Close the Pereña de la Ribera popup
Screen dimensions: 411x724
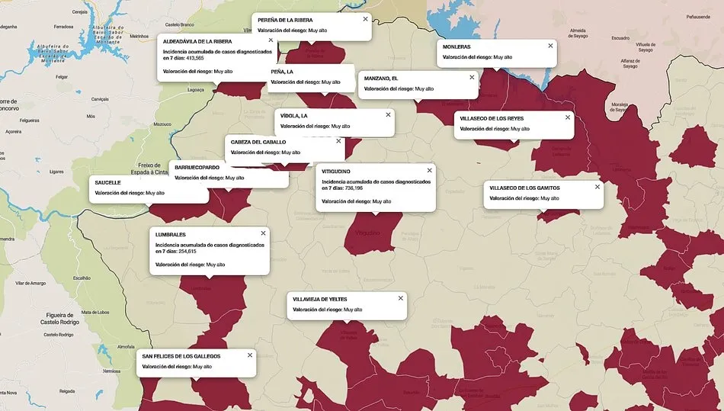coord(365,19)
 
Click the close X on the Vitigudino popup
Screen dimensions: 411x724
coord(429,171)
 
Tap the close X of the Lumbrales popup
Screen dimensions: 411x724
coord(263,233)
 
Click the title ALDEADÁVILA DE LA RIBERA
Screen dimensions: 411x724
coord(197,41)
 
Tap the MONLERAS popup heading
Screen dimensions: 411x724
coord(457,47)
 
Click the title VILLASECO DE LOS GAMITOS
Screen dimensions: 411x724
coord(524,188)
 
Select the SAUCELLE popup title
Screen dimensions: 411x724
coord(107,183)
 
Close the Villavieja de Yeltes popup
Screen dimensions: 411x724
coord(400,298)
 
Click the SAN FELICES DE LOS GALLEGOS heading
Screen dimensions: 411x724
coord(181,356)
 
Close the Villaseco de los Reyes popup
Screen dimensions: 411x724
coord(567,117)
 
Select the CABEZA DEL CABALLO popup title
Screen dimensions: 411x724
coord(258,142)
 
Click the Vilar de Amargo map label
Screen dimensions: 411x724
coord(27,283)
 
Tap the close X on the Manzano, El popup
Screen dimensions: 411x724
coord(472,77)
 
